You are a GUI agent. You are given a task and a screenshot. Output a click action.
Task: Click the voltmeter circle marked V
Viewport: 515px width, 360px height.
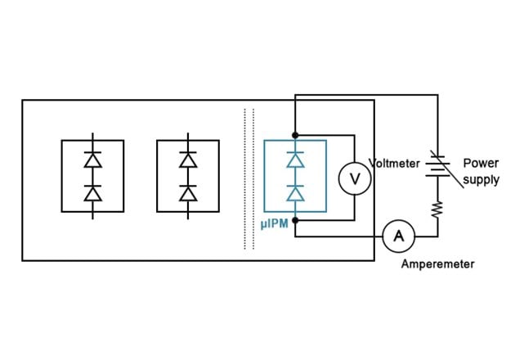pos(355,178)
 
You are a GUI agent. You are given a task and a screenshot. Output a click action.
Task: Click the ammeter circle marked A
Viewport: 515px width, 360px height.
pos(399,236)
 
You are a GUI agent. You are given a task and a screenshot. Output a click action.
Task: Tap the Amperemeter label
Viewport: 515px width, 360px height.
pos(437,264)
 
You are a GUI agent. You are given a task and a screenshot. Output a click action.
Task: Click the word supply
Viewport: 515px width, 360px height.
pos(481,179)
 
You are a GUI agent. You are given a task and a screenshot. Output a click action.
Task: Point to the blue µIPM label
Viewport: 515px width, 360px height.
pos(274,223)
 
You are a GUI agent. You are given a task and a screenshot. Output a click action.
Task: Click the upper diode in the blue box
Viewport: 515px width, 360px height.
pos(295,161)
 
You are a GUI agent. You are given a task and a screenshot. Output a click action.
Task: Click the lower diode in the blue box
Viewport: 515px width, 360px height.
pos(295,193)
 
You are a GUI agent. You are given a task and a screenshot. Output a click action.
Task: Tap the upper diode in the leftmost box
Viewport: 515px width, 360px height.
pos(92,161)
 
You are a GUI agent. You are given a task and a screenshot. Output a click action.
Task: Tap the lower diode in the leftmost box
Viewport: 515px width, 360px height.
pos(92,193)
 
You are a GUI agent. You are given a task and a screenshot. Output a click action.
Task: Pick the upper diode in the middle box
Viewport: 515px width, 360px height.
pos(188,161)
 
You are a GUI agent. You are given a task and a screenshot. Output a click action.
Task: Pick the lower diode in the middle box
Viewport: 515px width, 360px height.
pos(188,193)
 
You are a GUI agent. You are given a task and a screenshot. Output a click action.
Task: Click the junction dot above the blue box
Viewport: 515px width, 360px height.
pos(295,134)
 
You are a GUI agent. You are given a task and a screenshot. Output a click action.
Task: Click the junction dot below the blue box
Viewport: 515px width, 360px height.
pos(295,219)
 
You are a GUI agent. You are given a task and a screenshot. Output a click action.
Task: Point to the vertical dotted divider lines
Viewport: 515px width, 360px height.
pos(248,176)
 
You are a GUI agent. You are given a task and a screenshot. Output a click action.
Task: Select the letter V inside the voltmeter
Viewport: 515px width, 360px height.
pos(355,178)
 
